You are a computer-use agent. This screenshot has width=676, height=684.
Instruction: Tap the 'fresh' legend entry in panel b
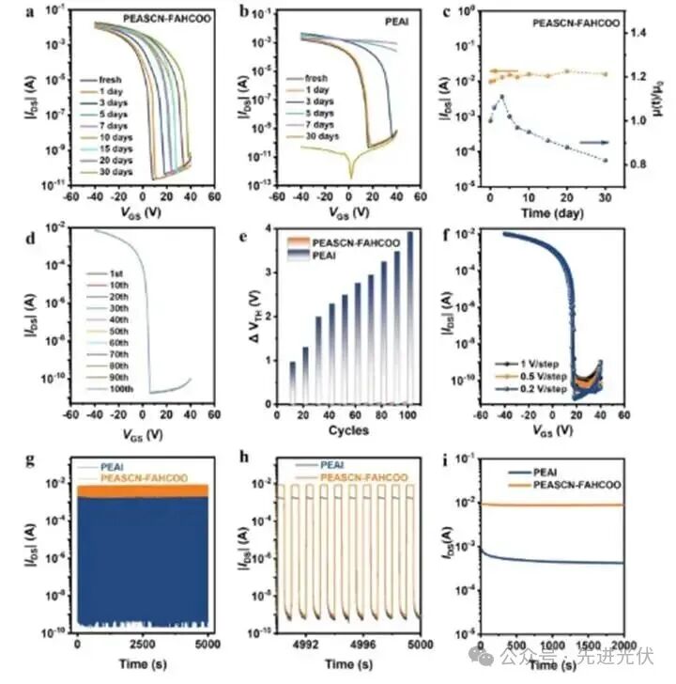[x=315, y=78]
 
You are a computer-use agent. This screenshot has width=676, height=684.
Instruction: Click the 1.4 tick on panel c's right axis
[x=640, y=33]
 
